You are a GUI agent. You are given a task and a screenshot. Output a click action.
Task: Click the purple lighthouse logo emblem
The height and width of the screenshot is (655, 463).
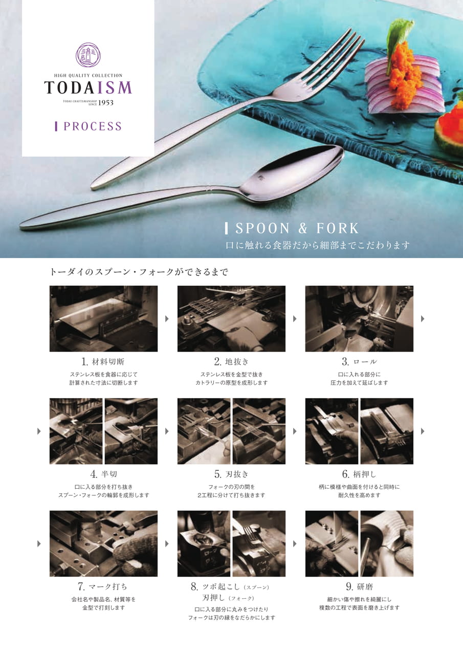pos(88,55)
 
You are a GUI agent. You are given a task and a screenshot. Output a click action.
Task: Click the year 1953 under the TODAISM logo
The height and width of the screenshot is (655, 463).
pos(106,103)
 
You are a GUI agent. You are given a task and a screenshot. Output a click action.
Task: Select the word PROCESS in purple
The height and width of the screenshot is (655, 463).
pos(92,126)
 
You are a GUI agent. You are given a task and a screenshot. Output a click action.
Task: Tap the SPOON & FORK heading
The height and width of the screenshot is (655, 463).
pos(297,228)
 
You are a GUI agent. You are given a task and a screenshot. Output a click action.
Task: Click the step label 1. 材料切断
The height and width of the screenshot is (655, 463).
pos(103,362)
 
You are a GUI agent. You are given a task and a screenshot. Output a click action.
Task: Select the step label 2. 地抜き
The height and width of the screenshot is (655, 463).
pos(231,362)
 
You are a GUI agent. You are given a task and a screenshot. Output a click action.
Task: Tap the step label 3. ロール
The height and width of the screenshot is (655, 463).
pos(359,362)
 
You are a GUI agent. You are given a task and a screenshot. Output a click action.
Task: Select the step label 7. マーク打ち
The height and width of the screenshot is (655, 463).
pos(103,587)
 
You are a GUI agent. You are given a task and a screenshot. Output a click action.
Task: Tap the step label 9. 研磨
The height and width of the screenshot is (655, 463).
pos(359,587)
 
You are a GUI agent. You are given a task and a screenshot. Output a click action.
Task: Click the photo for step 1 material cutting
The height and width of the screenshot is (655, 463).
pos(103,319)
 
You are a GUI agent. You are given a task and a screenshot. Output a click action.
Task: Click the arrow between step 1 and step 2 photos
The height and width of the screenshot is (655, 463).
pos(167,319)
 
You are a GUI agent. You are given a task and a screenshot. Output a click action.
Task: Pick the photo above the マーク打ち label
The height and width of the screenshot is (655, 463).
pos(103,543)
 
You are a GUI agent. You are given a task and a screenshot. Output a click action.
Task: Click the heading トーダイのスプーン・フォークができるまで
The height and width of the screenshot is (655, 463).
pos(139,272)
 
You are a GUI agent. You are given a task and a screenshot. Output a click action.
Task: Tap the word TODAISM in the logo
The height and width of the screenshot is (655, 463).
pos(88,88)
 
